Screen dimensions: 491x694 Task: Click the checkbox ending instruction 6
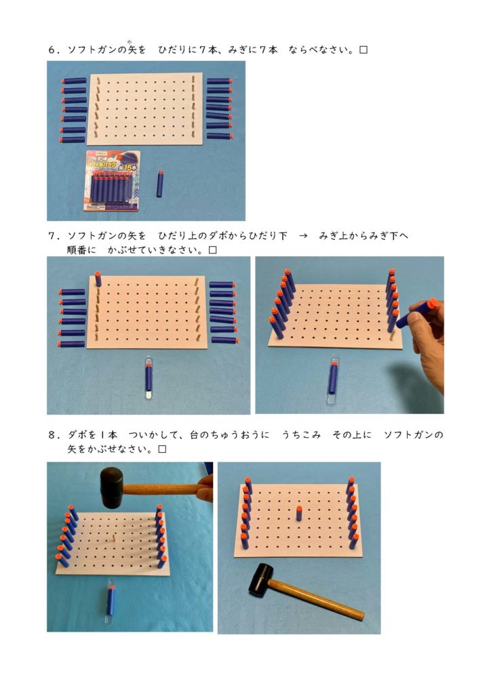coord(363,50)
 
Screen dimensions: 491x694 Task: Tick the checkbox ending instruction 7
coord(212,250)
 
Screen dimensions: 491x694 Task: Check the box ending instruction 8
coord(163,449)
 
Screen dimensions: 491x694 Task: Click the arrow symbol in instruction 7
coord(303,236)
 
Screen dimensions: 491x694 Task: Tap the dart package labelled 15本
coord(112,181)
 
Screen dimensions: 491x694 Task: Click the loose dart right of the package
coord(159,184)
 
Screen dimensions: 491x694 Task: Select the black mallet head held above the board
coord(111,487)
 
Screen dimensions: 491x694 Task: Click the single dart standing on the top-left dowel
coord(98,279)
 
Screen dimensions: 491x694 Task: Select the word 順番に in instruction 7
coord(81,250)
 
